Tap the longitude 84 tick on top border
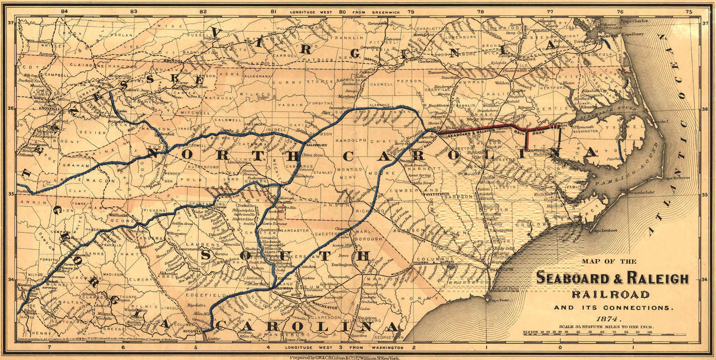(64, 11)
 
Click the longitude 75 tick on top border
(689, 11)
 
